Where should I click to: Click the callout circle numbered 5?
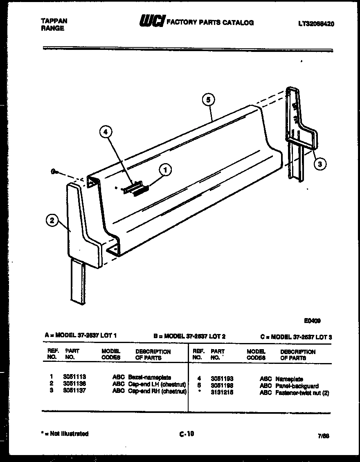point(208,99)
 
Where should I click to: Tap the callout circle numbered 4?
point(106,132)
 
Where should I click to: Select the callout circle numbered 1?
point(165,170)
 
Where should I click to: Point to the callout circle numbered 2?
point(52,221)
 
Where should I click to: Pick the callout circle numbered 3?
point(320,164)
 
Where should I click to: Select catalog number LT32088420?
point(316,24)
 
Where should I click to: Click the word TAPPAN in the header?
point(54,21)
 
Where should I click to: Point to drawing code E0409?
point(312,321)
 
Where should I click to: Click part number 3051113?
point(74,377)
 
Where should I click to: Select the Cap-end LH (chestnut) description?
point(157,384)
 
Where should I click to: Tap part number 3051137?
point(74,391)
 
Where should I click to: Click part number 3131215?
point(222,393)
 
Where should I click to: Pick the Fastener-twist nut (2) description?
point(302,393)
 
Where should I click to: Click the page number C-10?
point(187,434)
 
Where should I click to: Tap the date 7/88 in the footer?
point(323,436)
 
